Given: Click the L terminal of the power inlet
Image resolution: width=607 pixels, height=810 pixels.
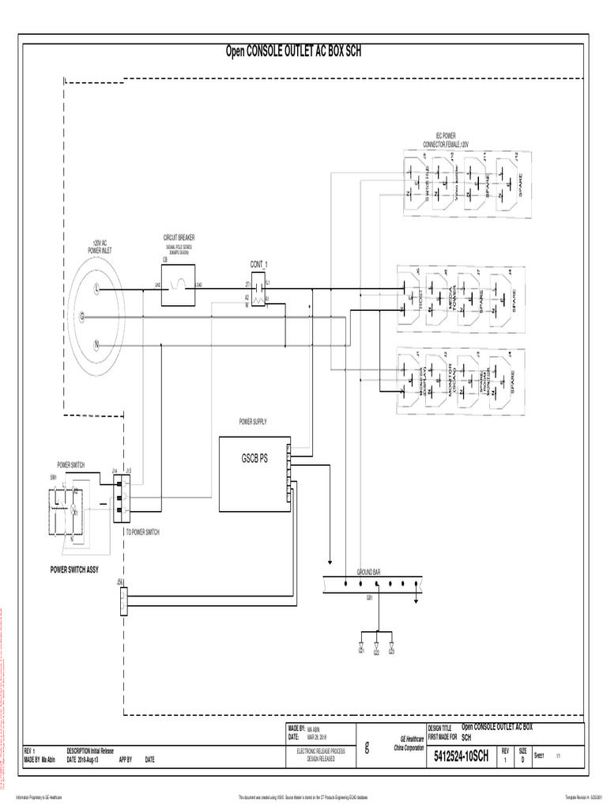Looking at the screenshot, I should click(96, 289).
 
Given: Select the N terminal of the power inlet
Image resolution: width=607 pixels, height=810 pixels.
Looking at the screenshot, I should click(96, 345).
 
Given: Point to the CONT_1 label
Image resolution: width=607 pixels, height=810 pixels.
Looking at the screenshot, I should click(258, 264).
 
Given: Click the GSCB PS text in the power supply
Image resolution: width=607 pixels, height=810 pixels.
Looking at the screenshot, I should click(254, 459).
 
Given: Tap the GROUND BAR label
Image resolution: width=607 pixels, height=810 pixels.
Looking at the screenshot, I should click(369, 571).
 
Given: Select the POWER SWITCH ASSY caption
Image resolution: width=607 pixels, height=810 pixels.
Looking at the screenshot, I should click(74, 570).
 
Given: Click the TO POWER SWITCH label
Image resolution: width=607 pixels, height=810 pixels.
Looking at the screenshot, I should click(142, 532).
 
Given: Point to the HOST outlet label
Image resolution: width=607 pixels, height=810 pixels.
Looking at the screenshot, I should click(421, 299).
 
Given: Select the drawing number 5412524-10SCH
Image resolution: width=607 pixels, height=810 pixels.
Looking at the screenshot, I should click(462, 758).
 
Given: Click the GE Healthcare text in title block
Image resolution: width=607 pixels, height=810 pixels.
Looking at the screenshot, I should click(409, 737).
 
